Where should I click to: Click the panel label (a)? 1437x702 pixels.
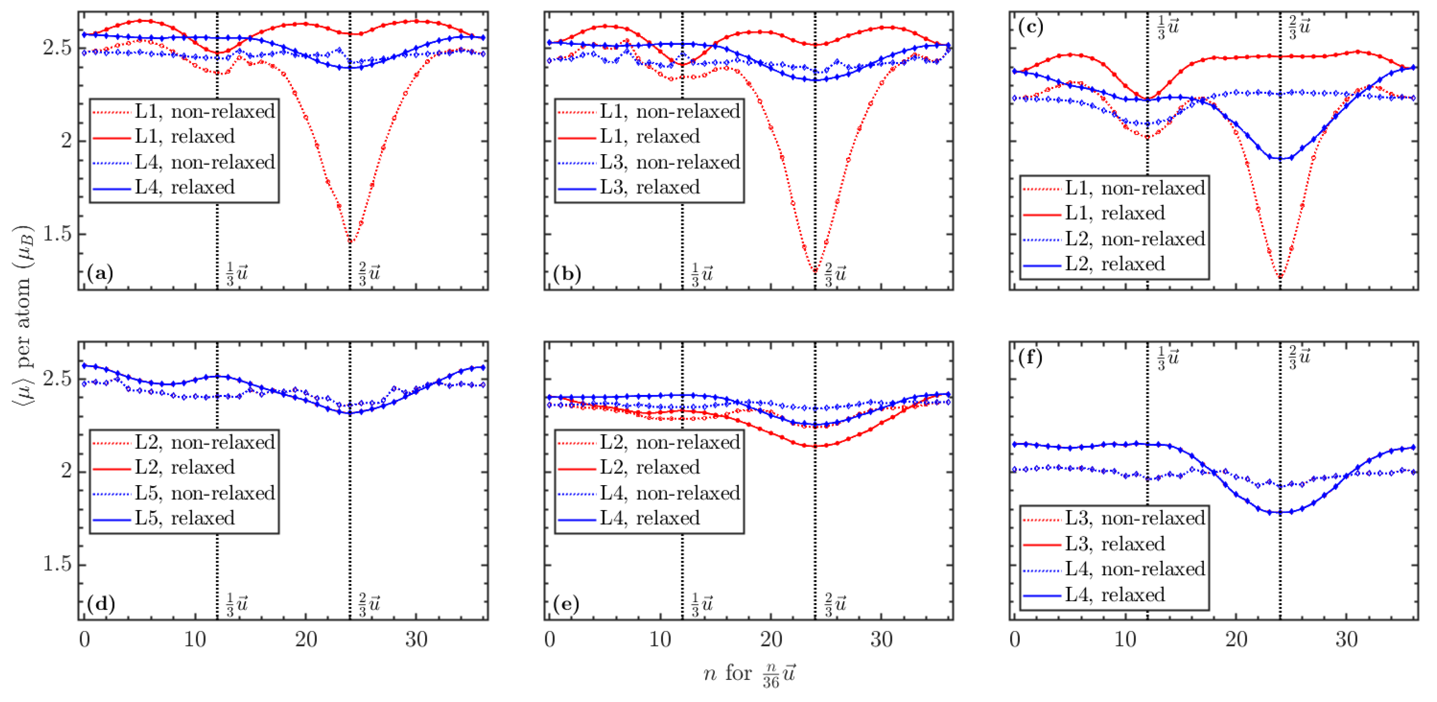pyautogui.click(x=101, y=274)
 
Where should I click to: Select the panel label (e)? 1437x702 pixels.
pyautogui.click(x=566, y=604)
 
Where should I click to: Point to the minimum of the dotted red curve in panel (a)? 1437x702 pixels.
pyautogui.click(x=350, y=242)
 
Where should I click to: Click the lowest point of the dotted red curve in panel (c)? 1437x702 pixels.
pyautogui.click(x=1280, y=276)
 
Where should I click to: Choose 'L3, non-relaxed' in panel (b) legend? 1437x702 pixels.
pyautogui.click(x=669, y=162)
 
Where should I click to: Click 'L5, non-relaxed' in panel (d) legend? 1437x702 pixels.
pyautogui.click(x=205, y=493)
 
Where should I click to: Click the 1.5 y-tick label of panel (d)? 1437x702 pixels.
pyautogui.click(x=57, y=564)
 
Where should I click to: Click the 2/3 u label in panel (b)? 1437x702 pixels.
pyautogui.click(x=835, y=274)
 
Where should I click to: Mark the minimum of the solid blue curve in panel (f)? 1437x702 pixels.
pyautogui.click(x=1280, y=512)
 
